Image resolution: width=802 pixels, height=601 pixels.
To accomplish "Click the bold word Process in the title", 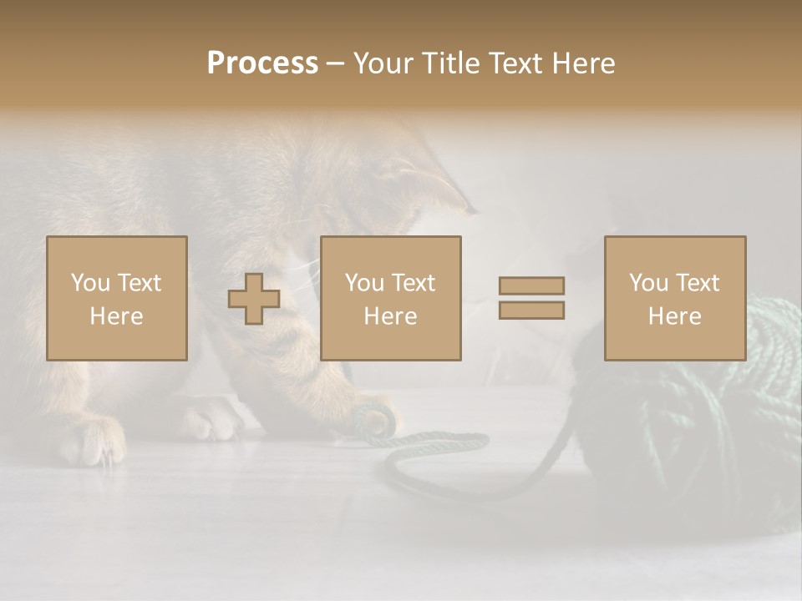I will (262, 63).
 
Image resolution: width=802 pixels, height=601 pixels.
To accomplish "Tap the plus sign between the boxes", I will (254, 299).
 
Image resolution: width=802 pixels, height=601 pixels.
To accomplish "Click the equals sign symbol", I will (531, 298).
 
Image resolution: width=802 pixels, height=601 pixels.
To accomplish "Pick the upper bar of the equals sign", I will (531, 286).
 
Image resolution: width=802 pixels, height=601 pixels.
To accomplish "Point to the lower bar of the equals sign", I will (531, 310).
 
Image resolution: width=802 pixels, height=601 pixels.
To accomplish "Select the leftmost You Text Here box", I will (117, 298).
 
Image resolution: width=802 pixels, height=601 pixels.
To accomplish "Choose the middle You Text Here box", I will (390, 298).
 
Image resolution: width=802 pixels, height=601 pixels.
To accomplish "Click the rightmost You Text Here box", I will (674, 298).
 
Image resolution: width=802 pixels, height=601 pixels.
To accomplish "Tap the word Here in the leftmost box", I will (116, 316).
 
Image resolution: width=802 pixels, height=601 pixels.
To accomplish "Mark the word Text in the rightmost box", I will (698, 283).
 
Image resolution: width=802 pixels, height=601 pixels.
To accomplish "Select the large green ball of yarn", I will (693, 417).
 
